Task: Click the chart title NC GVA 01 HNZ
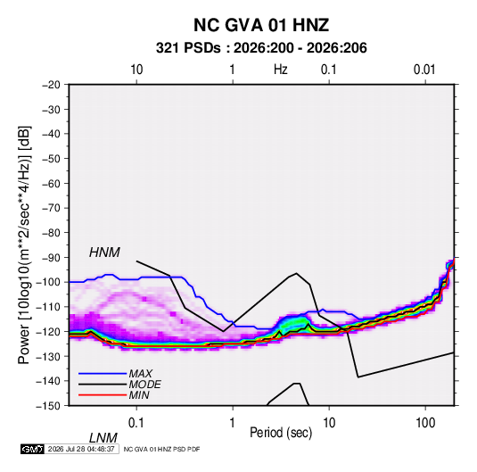coord(261,25)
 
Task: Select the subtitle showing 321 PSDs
coord(261,48)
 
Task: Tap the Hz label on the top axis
coord(281,70)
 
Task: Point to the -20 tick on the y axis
coord(51,85)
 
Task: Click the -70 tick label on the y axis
coord(51,208)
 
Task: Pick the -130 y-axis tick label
coord(48,356)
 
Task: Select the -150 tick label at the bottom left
coord(48,406)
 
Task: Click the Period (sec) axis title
coord(281,433)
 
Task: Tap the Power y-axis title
coord(24,244)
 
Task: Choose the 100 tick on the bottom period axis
coord(425,423)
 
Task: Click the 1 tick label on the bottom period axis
coord(233,423)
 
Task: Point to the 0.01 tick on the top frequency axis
coord(424,70)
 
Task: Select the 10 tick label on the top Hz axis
coord(136,70)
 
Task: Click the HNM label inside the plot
coord(104,253)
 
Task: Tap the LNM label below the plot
coord(103,438)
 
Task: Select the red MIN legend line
coord(103,395)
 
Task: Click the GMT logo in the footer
coord(33,449)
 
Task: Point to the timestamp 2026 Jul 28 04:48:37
coord(81,449)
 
